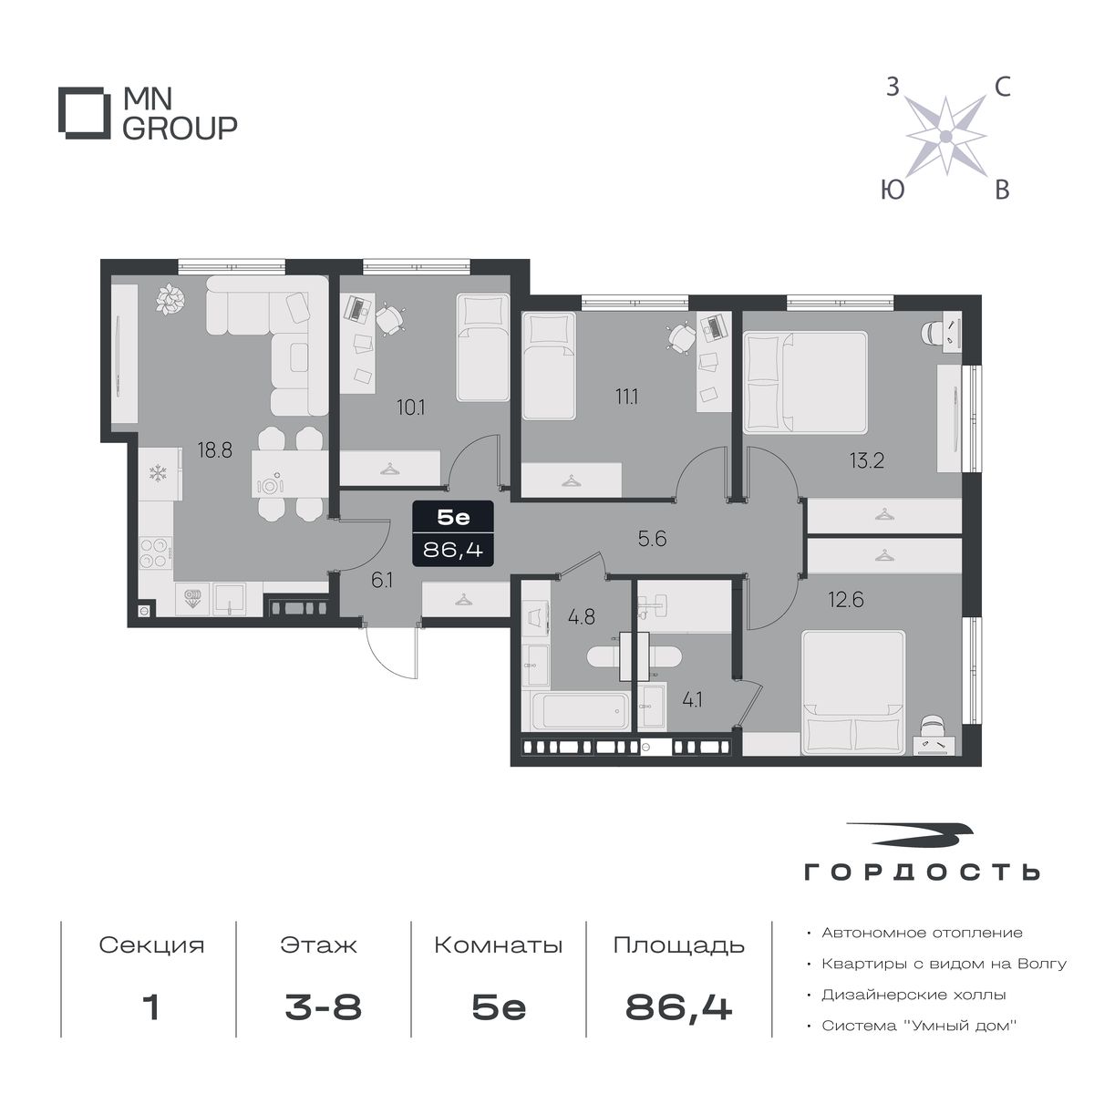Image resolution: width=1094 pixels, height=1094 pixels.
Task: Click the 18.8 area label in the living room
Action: pyautogui.click(x=214, y=450)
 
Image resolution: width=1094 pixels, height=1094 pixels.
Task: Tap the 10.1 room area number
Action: pyautogui.click(x=411, y=408)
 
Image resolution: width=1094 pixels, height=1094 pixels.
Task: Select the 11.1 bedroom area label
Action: pyautogui.click(x=626, y=397)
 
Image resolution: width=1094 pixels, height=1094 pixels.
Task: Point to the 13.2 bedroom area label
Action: pyautogui.click(x=867, y=460)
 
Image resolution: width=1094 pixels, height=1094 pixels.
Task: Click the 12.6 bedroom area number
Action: pyautogui.click(x=846, y=600)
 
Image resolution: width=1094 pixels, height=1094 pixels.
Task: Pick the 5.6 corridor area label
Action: pyautogui.click(x=652, y=538)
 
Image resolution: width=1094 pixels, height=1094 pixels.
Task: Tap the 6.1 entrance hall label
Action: pyautogui.click(x=382, y=580)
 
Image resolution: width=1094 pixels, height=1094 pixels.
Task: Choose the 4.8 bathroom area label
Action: pyautogui.click(x=582, y=616)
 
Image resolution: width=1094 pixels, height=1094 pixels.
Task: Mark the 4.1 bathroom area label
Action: pyautogui.click(x=692, y=700)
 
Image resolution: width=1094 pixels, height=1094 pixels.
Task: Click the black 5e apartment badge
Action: pyautogui.click(x=453, y=533)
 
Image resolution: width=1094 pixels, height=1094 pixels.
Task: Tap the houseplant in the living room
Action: pyautogui.click(x=170, y=299)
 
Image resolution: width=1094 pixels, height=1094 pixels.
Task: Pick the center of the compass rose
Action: pyautogui.click(x=945, y=136)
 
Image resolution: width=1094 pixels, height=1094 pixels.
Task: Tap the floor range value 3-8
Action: pyautogui.click(x=323, y=1008)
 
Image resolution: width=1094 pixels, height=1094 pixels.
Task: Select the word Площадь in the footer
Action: pyautogui.click(x=678, y=945)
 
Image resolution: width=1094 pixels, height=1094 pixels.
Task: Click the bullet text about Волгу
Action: pyautogui.click(x=944, y=964)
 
